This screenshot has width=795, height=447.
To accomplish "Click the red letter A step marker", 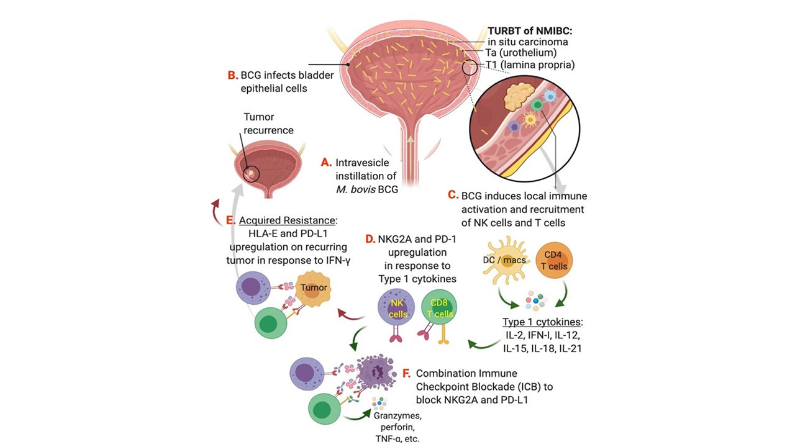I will [327, 162].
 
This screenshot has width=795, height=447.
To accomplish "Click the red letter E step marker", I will [231, 220].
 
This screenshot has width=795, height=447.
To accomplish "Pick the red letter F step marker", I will [407, 374].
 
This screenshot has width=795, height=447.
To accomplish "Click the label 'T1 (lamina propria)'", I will [530, 65].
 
